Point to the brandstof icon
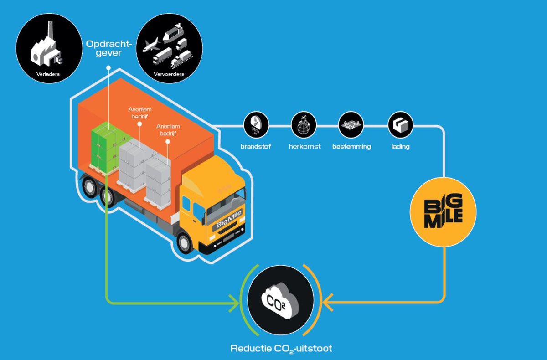pos(256,124)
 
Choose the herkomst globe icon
pos(304,124)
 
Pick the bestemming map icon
pos(351,124)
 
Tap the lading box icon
pos(400,124)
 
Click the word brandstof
pos(256,147)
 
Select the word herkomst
pos(304,147)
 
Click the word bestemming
pos(351,147)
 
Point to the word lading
pos(401,147)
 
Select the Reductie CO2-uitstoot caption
pos(281,349)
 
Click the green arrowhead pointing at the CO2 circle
pos(235,302)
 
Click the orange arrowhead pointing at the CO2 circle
pos(327,302)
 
